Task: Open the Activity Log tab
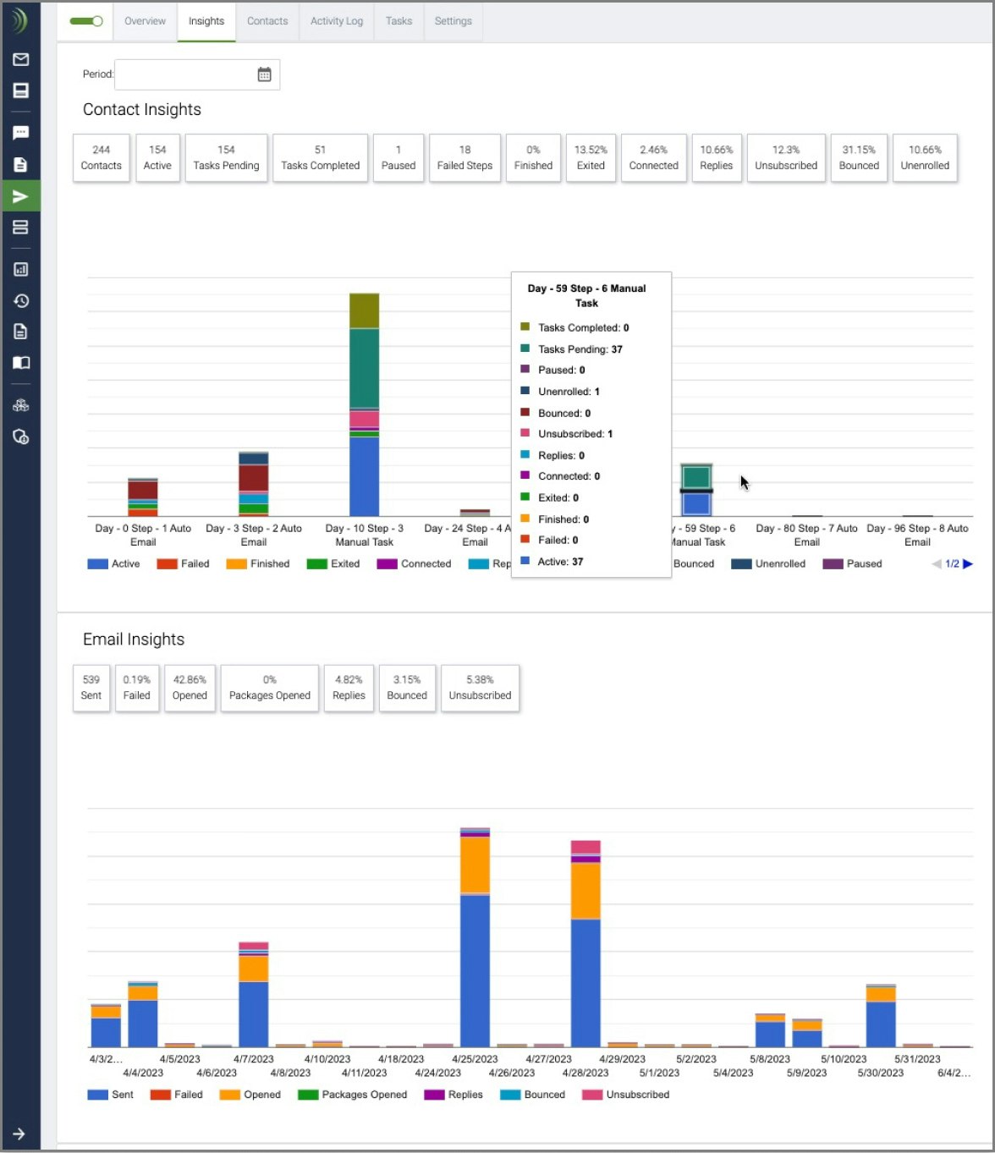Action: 336,21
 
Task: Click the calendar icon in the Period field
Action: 264,74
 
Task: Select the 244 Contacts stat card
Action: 102,157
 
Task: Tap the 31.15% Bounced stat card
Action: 859,157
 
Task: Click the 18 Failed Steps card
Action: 465,157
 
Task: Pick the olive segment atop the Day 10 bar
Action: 365,310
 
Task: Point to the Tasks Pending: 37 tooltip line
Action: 580,349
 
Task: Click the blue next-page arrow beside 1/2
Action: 968,564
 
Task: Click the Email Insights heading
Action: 134,640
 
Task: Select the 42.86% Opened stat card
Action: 190,688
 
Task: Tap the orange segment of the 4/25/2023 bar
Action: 475,865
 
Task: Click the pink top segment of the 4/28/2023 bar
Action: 585,847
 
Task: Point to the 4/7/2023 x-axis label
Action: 254,1059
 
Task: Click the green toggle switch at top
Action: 85,21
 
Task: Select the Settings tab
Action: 453,21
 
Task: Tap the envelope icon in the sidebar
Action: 21,59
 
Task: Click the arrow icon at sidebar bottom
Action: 19,1134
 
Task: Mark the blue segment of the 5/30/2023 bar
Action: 881,1024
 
